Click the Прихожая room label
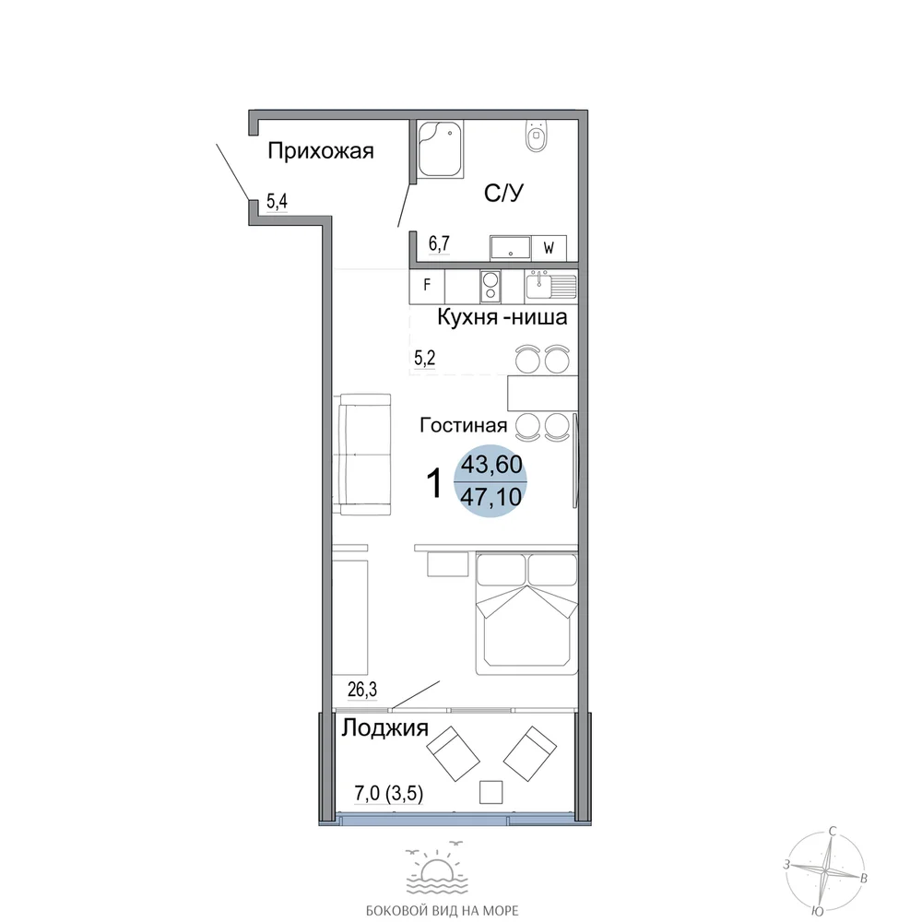(x=321, y=152)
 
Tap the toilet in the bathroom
(x=536, y=136)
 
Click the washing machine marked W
(x=549, y=248)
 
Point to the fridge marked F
(x=427, y=285)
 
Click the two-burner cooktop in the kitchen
(x=490, y=286)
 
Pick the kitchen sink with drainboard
(x=551, y=286)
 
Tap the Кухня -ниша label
(x=502, y=317)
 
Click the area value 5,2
(x=424, y=358)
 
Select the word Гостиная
(x=464, y=425)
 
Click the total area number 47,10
(x=491, y=498)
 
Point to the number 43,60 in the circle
(x=491, y=465)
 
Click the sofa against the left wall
(x=365, y=455)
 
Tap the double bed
(x=526, y=613)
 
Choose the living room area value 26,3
(x=362, y=689)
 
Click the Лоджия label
(x=385, y=729)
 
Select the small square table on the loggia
(x=491, y=792)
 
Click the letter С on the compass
(x=833, y=832)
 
